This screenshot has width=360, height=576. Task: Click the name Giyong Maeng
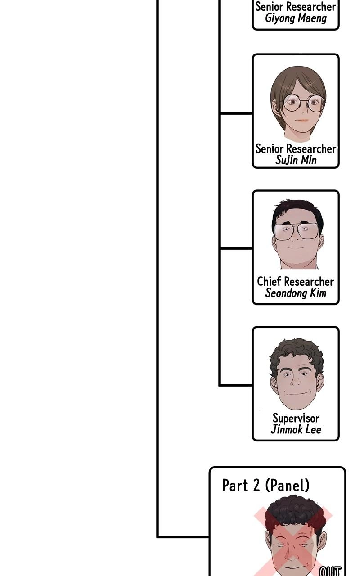point(296,18)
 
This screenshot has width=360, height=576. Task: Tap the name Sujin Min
point(296,160)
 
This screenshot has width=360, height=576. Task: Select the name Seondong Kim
point(296,293)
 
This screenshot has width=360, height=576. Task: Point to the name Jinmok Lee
point(296,429)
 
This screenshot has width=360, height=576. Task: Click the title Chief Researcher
point(296,281)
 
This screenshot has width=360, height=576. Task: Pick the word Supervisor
point(296,418)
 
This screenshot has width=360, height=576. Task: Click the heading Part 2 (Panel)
point(265,485)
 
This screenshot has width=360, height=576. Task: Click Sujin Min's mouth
point(302,120)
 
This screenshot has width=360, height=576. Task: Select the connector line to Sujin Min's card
point(236,113)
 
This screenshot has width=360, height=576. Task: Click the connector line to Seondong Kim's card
point(236,248)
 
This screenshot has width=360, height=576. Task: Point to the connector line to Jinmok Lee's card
point(236,385)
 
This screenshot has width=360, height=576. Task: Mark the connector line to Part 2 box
point(183,537)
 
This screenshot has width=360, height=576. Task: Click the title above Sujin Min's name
point(296,148)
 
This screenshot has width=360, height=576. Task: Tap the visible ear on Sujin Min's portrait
point(276,108)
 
